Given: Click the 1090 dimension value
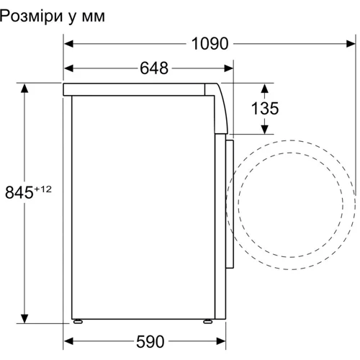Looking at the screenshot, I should (x=210, y=44).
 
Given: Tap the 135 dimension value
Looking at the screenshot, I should (x=265, y=109).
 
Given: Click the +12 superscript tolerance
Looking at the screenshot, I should (x=44, y=188).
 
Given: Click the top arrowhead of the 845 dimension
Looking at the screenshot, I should (x=25, y=88).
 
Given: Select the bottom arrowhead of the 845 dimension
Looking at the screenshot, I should (x=25, y=318).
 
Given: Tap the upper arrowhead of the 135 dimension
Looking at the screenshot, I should (x=264, y=89).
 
